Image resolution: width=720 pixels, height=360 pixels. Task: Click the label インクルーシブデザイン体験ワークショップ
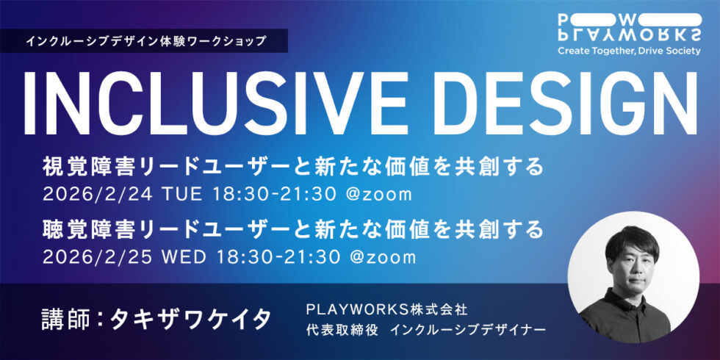pos(145,40)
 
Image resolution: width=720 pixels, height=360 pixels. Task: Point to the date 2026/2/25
pos(87,257)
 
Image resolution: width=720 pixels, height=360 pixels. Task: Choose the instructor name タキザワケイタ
pos(190,319)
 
